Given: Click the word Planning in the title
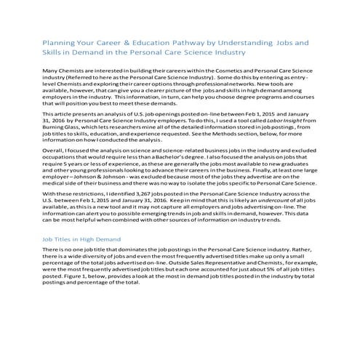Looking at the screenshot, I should point(60,42).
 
